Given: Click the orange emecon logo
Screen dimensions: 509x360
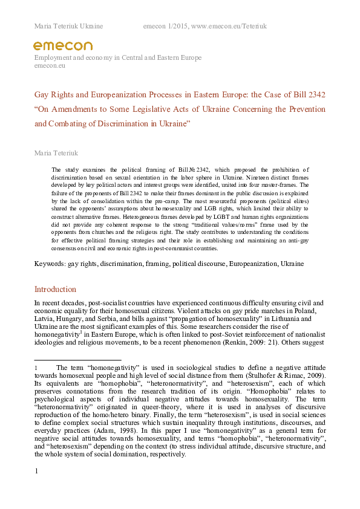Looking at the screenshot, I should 62,46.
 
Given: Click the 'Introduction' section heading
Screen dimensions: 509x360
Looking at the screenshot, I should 55,290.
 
